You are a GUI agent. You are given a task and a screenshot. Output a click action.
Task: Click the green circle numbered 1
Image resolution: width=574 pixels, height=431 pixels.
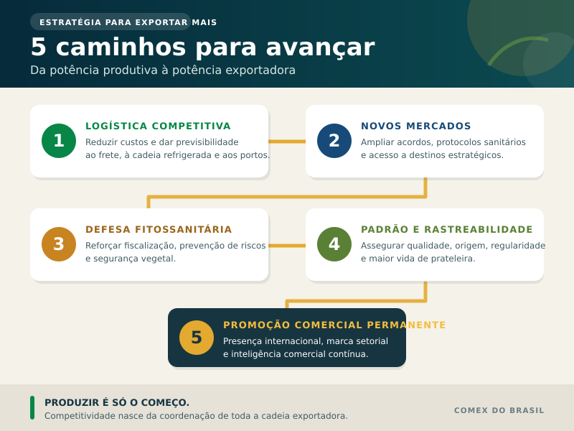click(59, 141)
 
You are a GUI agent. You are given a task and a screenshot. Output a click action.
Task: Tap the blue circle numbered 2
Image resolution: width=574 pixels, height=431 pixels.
click(334, 141)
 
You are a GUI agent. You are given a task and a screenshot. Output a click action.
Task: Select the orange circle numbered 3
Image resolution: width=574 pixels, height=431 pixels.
click(59, 244)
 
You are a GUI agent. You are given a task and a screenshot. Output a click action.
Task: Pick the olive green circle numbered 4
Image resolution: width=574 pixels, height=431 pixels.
click(334, 244)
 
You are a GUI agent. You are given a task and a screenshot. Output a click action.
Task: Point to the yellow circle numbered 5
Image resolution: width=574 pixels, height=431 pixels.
click(197, 338)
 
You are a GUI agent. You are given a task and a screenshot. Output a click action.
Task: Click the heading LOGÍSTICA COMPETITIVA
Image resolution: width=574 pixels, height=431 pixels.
click(158, 126)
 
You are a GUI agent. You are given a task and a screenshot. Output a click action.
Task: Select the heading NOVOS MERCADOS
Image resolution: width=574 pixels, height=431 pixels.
click(416, 126)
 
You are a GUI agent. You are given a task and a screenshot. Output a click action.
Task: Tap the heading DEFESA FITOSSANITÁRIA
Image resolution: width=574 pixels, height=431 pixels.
click(159, 229)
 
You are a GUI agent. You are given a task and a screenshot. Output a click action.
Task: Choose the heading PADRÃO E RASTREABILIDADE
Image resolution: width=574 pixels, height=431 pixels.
click(446, 229)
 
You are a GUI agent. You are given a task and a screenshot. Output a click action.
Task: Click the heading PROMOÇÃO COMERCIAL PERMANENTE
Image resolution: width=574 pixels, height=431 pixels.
click(334, 325)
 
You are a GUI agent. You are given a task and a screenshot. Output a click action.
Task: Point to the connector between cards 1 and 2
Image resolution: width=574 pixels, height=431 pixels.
click(287, 142)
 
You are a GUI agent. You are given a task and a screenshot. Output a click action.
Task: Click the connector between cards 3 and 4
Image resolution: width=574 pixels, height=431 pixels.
click(287, 246)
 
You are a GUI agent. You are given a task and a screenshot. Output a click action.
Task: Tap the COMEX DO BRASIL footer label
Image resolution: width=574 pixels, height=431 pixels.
click(499, 410)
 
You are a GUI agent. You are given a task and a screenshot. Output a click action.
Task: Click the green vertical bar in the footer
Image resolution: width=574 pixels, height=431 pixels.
click(32, 407)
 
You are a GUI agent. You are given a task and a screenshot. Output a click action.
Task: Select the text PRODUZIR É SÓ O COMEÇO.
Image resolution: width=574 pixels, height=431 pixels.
click(117, 402)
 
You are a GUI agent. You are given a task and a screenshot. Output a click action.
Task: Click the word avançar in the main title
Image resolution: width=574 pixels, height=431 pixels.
click(320, 47)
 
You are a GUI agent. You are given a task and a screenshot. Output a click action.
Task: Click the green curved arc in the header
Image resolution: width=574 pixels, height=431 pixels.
click(517, 50)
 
